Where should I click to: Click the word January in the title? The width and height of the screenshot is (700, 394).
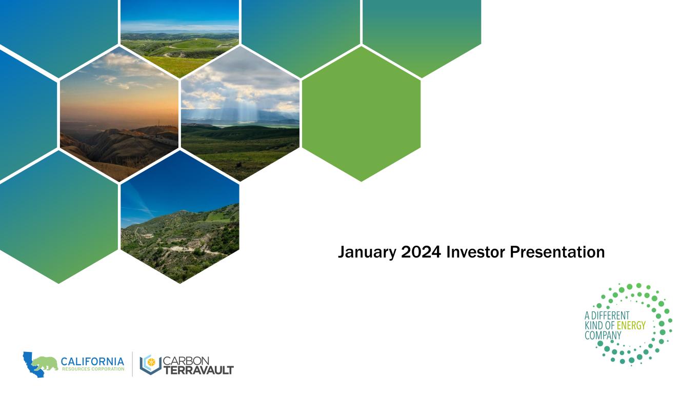[x=367, y=252]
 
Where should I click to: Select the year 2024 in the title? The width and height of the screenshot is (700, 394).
[x=421, y=252]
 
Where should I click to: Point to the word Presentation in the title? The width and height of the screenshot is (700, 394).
[x=557, y=252]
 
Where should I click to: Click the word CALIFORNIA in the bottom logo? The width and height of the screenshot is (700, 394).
[x=92, y=362]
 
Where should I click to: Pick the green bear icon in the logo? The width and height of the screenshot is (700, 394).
[x=45, y=363]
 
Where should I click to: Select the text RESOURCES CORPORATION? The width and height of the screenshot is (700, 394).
[x=93, y=369]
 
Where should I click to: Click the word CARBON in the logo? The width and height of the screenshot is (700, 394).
[x=186, y=361]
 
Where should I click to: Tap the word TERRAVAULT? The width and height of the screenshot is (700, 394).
[x=198, y=370]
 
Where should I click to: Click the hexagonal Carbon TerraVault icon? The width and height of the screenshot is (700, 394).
[x=151, y=364]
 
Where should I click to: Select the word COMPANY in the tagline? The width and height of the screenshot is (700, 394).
[x=603, y=336]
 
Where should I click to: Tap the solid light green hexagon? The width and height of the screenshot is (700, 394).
[x=361, y=114]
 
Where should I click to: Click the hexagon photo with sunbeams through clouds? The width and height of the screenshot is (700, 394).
[x=240, y=114]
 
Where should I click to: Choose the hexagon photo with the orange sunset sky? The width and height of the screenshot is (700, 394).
[x=119, y=114]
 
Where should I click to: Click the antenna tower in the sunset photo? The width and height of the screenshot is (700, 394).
[x=158, y=123]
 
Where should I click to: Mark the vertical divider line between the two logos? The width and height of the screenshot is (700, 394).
[x=132, y=364]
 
